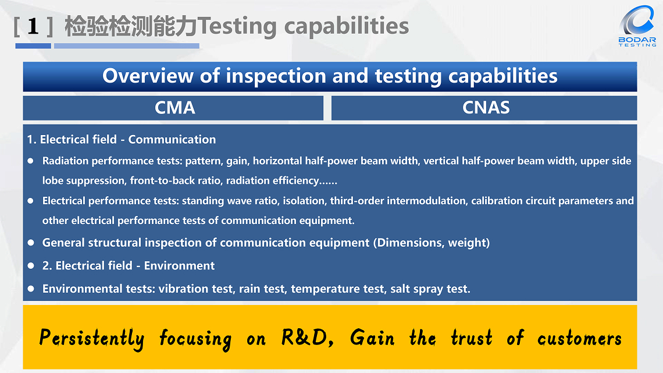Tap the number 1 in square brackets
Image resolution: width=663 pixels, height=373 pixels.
(33, 27)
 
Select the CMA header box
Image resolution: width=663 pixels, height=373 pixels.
(173, 108)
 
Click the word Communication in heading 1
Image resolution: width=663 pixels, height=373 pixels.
(172, 140)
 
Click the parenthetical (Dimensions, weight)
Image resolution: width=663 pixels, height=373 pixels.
(431, 243)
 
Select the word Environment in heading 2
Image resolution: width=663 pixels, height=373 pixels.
(179, 266)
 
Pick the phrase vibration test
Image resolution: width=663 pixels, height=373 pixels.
(195, 289)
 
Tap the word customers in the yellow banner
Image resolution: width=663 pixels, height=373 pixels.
(579, 338)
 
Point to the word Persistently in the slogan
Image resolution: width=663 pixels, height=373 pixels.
(91, 338)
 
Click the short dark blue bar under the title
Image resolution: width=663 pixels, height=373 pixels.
(33, 46)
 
